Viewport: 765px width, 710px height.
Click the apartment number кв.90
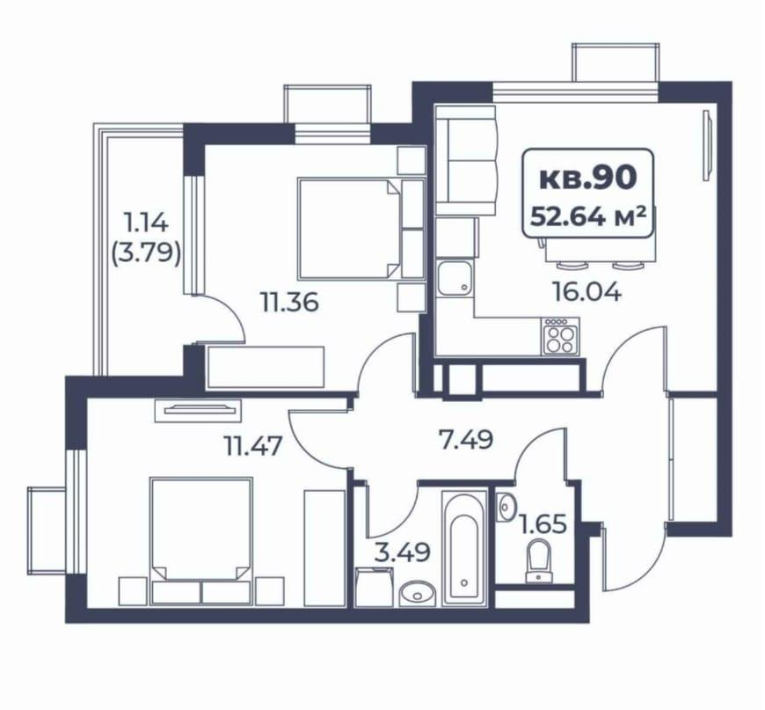pos(586,179)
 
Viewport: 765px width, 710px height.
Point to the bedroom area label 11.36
pos(288,303)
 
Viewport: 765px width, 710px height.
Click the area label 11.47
pos(252,446)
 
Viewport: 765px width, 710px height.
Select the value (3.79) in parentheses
pos(147,254)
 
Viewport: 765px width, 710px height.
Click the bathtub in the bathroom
pos(463,546)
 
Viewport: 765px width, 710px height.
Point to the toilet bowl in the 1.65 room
pos(538,561)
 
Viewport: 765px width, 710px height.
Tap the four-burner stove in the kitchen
pos(557,337)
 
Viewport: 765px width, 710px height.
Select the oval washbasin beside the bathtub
pos(413,595)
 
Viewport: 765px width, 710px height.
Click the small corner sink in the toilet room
pos(506,507)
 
